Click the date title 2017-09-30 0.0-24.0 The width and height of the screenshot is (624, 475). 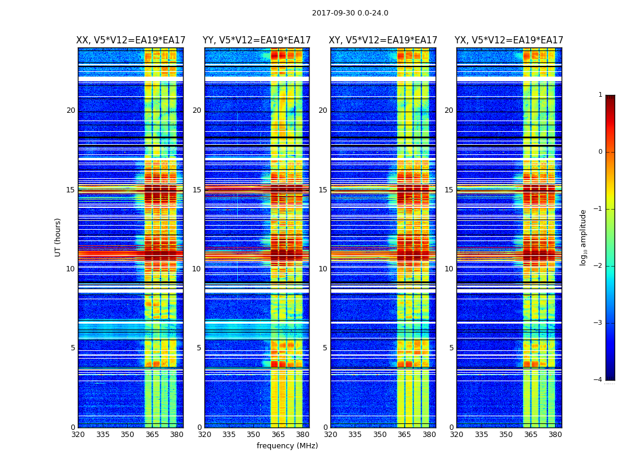click(350, 13)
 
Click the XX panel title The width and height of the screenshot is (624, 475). click(131, 40)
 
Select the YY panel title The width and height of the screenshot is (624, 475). click(257, 40)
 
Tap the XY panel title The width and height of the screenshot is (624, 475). click(383, 40)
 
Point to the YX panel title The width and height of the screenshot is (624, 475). click(509, 40)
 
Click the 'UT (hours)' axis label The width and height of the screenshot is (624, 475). click(58, 237)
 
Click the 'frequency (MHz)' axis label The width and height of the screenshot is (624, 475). click(287, 446)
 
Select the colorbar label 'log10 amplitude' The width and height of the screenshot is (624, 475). click(583, 237)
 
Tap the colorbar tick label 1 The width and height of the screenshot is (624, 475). click(600, 95)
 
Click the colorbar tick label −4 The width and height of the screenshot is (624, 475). click(598, 380)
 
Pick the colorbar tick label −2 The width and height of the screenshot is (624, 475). click(598, 266)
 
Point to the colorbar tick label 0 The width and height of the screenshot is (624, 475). click(600, 152)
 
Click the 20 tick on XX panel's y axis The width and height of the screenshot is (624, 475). click(71, 110)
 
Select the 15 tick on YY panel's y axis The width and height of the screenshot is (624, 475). click(197, 190)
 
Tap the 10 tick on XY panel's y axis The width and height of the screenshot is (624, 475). click(323, 269)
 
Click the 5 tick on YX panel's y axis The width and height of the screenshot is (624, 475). click(451, 348)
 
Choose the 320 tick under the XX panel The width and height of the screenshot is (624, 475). click(78, 435)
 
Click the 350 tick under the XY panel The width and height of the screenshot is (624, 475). click(380, 435)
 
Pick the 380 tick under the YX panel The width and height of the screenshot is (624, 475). click(555, 435)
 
